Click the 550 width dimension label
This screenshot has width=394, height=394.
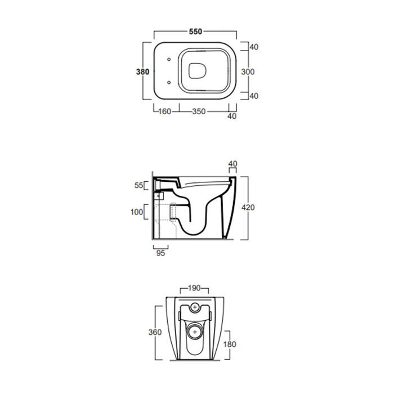click(195, 32)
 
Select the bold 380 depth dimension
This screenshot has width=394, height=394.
click(142, 72)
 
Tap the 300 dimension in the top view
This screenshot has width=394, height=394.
click(248, 72)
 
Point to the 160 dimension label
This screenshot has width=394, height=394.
click(165, 111)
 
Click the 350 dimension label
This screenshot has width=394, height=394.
click(199, 111)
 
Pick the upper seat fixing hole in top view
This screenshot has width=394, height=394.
click(169, 60)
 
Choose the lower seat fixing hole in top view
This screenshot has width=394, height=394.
click(169, 82)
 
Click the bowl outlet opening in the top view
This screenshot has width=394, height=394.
click(198, 70)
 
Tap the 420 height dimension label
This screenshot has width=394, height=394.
click(248, 208)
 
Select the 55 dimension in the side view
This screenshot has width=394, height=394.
click(138, 185)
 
